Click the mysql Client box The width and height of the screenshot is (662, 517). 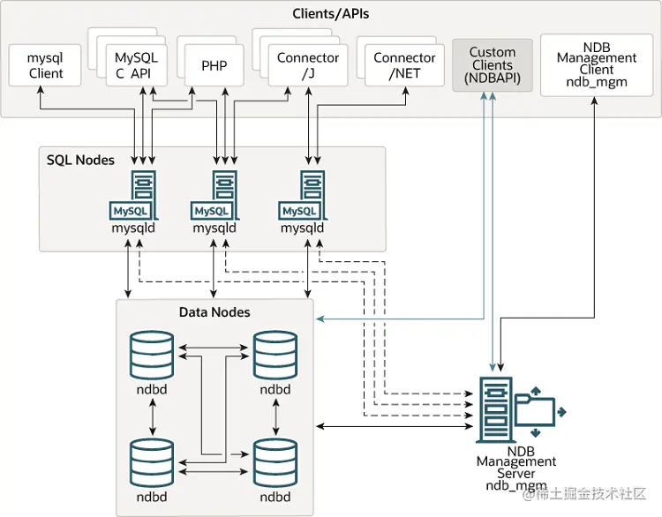click(x=46, y=64)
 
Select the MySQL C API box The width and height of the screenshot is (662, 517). click(x=134, y=64)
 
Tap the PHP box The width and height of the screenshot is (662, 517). click(x=214, y=64)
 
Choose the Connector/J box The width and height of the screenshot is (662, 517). click(x=307, y=64)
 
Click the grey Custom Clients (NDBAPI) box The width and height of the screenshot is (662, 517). click(x=492, y=64)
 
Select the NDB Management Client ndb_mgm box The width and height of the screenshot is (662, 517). click(x=597, y=64)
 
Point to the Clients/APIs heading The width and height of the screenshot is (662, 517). click(x=331, y=14)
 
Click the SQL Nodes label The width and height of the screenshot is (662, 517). click(x=80, y=160)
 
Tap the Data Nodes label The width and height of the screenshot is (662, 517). click(x=214, y=312)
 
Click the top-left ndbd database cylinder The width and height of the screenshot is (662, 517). click(x=153, y=353)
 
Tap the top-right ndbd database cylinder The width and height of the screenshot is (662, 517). click(x=275, y=353)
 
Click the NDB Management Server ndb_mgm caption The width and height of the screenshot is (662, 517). click(x=516, y=468)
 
